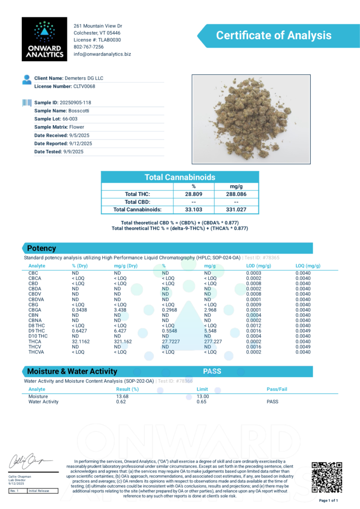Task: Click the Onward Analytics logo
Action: tap(44, 39)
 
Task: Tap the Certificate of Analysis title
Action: tap(273, 35)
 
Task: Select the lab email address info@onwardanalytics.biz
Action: tap(102, 54)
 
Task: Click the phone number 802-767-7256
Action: tap(89, 47)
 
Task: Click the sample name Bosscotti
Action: tap(79, 111)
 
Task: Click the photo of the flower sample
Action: tap(251, 119)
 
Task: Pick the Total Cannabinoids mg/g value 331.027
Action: tap(236, 210)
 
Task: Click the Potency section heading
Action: tap(41, 248)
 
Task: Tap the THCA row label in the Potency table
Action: tap(35, 341)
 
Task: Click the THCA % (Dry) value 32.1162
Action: tap(83, 341)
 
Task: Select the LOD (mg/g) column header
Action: tap(259, 266)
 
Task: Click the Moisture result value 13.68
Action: tap(122, 396)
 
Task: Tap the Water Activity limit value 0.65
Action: tap(202, 402)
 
